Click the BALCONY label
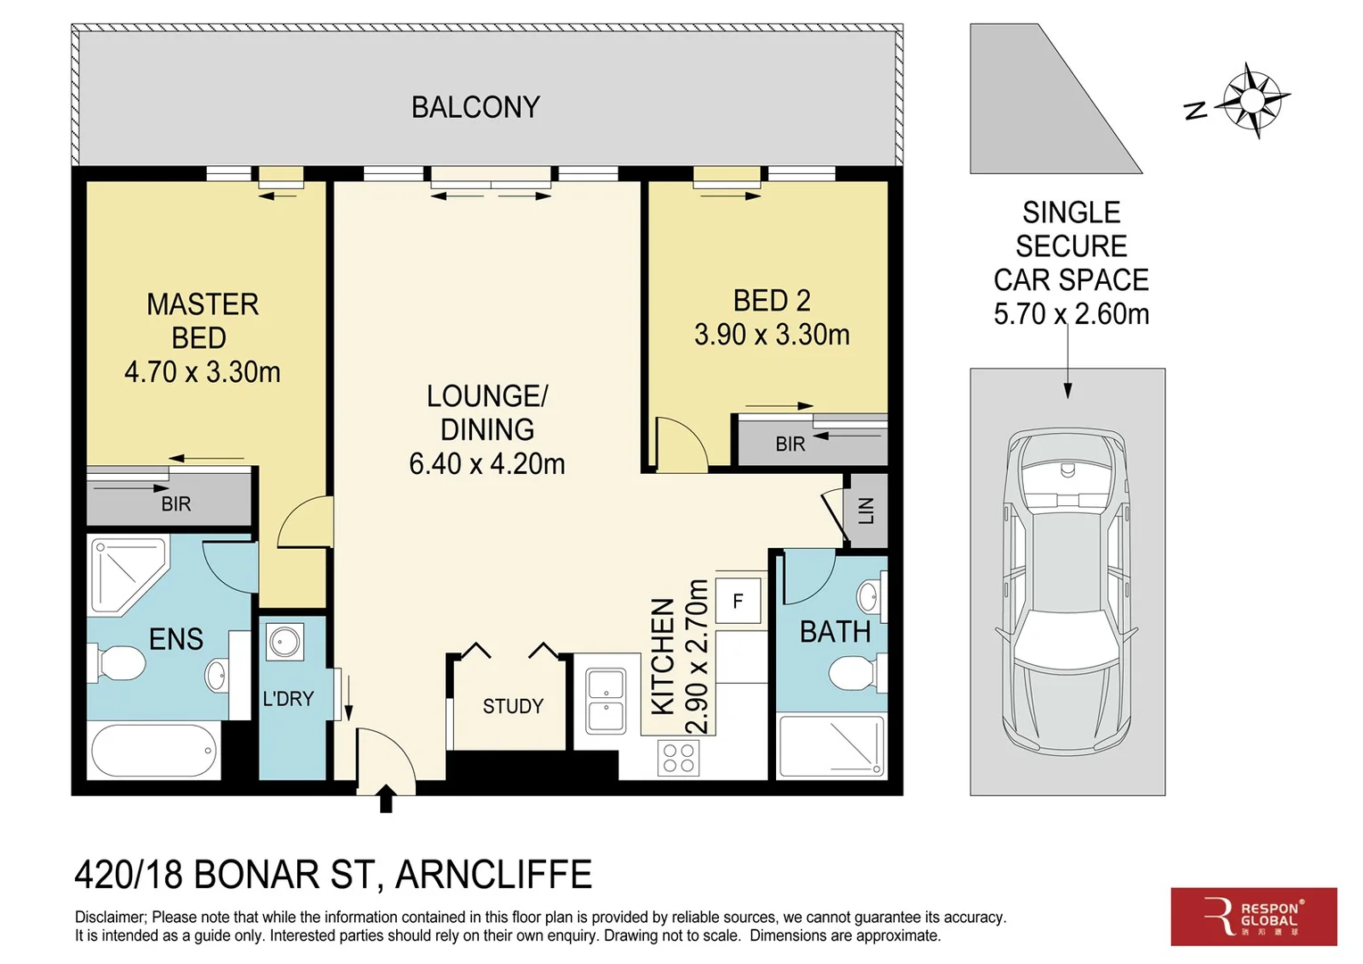point(475,107)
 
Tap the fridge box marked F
point(738,601)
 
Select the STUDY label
point(513,706)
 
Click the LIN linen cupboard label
point(866,511)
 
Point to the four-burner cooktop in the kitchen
point(679,758)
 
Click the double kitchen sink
point(606,701)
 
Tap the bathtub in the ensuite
point(153,751)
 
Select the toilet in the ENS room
point(116,662)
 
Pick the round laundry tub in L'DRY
point(285,641)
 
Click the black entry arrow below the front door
point(385,798)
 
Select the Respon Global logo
point(1254,917)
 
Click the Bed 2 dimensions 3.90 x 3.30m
point(772,335)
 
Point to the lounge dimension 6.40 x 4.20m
point(487,464)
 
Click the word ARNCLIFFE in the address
point(493,875)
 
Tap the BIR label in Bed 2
point(789,445)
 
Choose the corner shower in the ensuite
point(129,576)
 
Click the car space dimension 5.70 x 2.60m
point(1071,314)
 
